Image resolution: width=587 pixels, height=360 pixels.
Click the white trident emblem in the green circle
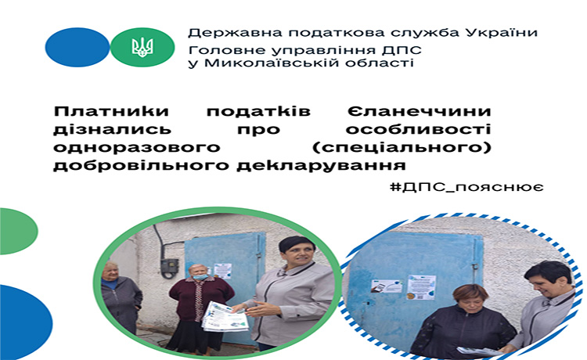tap(142, 47)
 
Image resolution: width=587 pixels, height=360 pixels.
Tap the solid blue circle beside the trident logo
tap(77, 47)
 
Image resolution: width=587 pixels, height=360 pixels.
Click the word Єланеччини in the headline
tap(419, 111)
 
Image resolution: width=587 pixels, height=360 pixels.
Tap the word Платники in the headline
tap(112, 111)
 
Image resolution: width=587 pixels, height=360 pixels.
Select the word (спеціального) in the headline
tap(402, 147)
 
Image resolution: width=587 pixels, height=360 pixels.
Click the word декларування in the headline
tap(321, 165)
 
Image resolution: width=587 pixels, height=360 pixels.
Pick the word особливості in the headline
tap(418, 129)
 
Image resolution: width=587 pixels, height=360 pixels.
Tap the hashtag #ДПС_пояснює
tap(466, 187)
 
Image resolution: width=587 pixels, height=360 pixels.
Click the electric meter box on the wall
tap(170, 268)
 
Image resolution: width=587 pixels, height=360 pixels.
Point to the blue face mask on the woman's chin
tap(200, 277)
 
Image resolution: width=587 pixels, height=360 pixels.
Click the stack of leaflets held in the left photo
tap(225, 316)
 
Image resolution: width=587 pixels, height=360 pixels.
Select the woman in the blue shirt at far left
tap(121, 297)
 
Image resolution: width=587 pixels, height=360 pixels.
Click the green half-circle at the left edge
tap(18, 232)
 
